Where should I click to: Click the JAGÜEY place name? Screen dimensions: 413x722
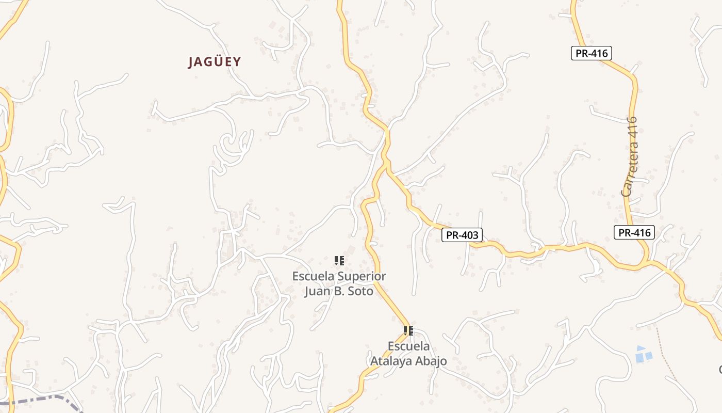pyautogui.click(x=214, y=62)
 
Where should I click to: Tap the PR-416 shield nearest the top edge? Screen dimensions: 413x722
pyautogui.click(x=591, y=53)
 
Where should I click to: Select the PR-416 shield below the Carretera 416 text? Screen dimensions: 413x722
pyautogui.click(x=634, y=232)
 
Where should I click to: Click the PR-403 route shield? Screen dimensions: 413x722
pyautogui.click(x=462, y=235)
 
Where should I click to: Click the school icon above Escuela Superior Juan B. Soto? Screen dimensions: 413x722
pyautogui.click(x=339, y=261)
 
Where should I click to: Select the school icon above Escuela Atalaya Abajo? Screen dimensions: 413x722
pyautogui.click(x=408, y=330)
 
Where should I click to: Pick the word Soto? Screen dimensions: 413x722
pyautogui.click(x=362, y=291)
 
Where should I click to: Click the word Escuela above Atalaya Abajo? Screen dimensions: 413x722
pyautogui.click(x=408, y=346)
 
